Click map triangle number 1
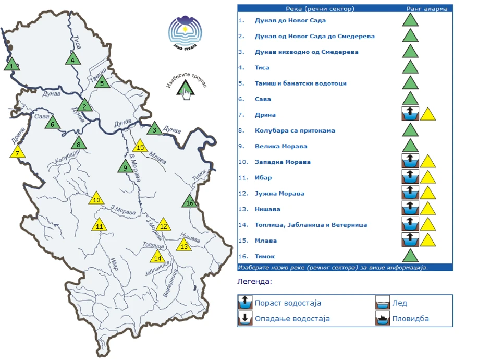tap(11, 65)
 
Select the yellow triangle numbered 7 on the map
tap(18, 152)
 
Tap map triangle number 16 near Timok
tap(190, 202)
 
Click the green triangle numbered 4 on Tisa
tap(73, 59)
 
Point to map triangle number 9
tap(125, 167)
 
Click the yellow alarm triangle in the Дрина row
tap(428, 114)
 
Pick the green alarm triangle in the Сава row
tap(411, 99)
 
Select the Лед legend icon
tap(383, 303)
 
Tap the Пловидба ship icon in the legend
tap(383, 318)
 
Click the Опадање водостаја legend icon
tap(245, 318)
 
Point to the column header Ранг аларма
tap(426, 9)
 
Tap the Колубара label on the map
tap(67, 155)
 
